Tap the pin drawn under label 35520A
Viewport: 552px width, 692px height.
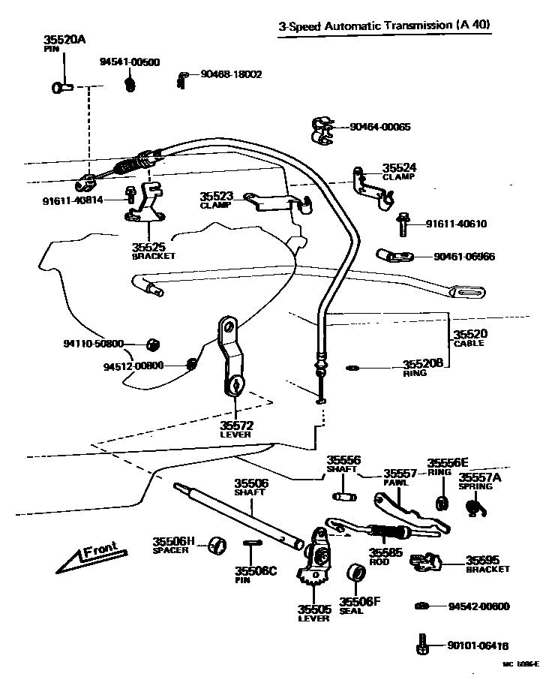point(61,89)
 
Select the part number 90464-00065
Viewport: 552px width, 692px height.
point(379,127)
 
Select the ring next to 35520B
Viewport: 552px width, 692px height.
point(352,368)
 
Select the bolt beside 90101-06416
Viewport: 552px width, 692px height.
point(422,644)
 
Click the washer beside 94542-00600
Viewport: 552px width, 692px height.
point(421,606)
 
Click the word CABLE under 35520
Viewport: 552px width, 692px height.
point(469,344)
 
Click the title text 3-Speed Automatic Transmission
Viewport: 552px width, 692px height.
point(364,26)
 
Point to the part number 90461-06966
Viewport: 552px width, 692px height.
point(464,257)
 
